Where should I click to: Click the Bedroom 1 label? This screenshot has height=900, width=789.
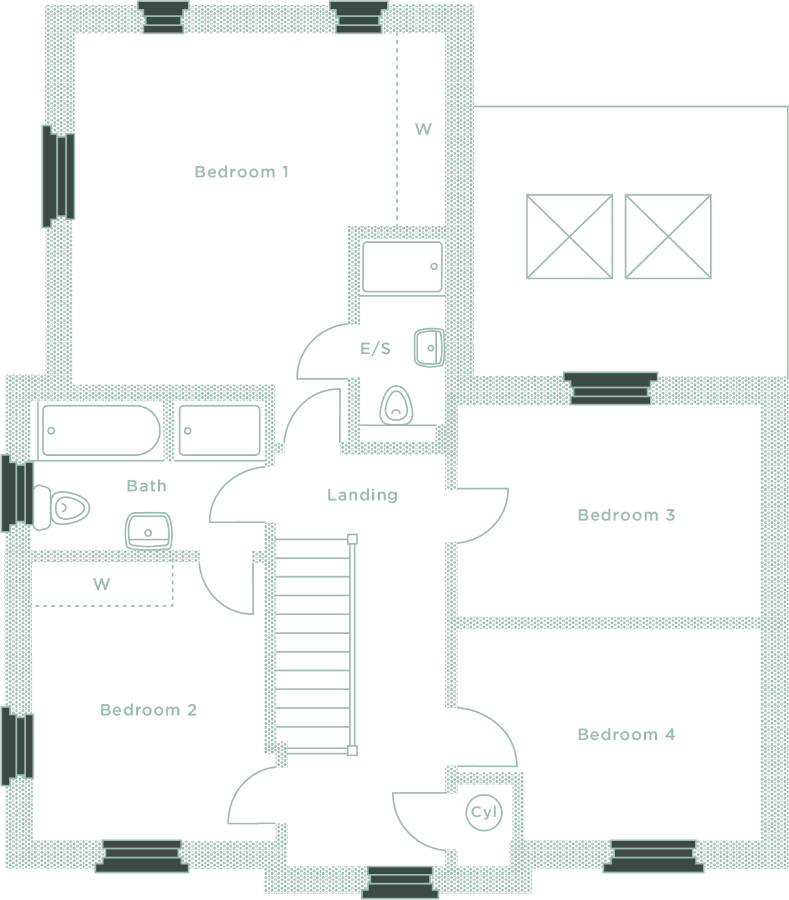coord(241,172)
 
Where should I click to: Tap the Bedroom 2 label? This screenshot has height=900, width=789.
coord(148,710)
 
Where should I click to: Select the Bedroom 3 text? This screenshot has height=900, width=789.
coord(626,515)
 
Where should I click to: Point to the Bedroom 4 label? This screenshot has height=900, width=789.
coord(626,734)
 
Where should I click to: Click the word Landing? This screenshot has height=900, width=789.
coord(362,495)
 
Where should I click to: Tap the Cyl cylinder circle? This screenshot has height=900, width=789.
coord(484,813)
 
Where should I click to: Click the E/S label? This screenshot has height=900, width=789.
coord(375,349)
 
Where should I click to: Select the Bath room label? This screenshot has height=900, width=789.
coord(146,486)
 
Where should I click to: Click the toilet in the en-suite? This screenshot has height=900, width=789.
coord(396,405)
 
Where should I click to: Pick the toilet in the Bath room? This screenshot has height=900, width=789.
coord(61,508)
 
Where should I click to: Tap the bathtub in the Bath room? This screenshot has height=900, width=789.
coord(101,430)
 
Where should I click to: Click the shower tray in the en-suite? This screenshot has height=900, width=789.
coord(403,267)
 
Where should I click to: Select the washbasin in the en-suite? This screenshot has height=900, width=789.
coord(429,348)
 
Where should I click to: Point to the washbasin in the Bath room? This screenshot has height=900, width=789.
coord(149,532)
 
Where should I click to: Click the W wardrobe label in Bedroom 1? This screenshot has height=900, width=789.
coord(423,129)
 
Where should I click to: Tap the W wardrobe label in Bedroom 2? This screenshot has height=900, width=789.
coord(102,584)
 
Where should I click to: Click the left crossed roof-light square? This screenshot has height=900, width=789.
coord(570,237)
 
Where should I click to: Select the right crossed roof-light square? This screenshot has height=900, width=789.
coord(668,237)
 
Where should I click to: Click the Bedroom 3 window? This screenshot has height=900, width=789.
coord(610,388)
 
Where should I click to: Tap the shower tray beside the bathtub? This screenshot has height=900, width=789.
coord(220,430)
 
